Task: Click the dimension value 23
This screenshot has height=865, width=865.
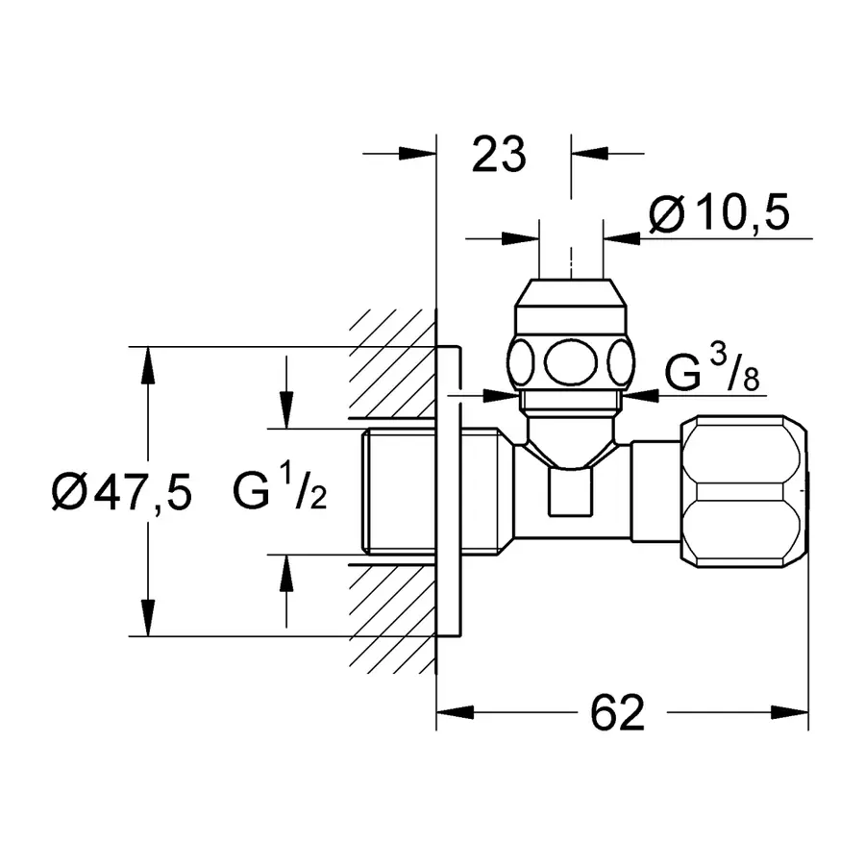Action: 499,154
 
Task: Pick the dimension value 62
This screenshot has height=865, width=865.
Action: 618,712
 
